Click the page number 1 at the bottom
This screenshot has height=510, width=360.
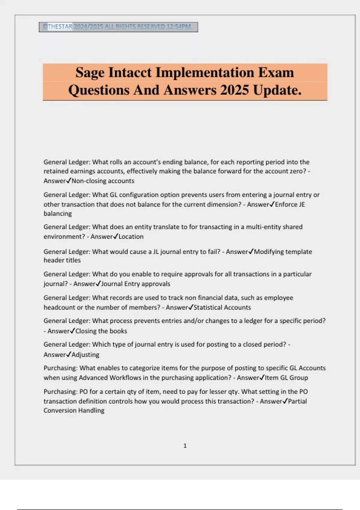185,446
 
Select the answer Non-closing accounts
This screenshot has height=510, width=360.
103,181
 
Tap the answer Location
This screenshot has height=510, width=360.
131,236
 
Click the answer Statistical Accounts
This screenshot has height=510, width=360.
222,307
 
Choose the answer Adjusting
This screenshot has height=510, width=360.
85,355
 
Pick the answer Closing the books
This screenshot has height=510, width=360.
101,331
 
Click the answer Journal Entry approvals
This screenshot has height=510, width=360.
136,284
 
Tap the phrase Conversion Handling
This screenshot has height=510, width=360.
74,410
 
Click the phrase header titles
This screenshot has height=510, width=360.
62,260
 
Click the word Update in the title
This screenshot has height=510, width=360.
277,90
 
